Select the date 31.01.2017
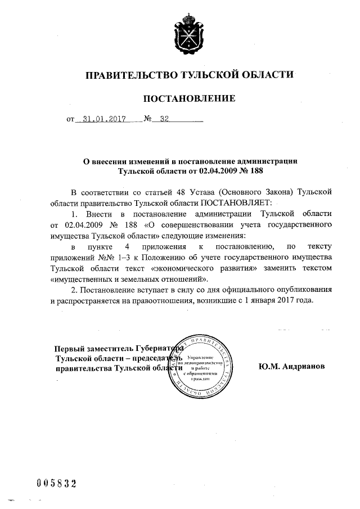point(104,119)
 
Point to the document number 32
point(165,119)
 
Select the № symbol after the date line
point(148,119)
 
